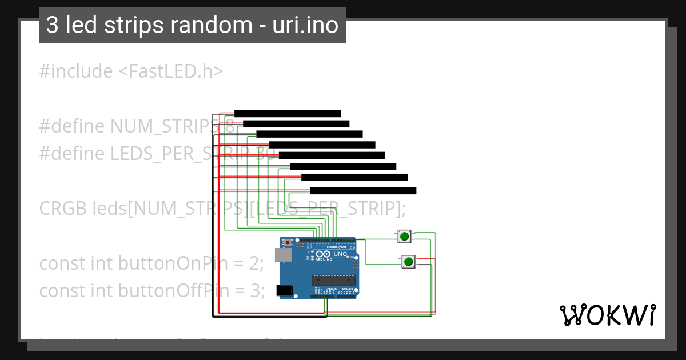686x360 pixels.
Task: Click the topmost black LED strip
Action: [x=288, y=114]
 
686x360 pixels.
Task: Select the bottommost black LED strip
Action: [x=363, y=191]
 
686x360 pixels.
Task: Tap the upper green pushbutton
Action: [x=405, y=236]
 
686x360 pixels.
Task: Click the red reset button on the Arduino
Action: [x=288, y=242]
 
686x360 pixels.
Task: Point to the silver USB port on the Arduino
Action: [x=281, y=255]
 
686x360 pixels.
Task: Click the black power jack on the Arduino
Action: [x=284, y=290]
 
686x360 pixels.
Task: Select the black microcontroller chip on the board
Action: [x=333, y=279]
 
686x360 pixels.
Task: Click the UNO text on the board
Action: [x=341, y=254]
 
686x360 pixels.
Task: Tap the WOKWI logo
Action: [x=607, y=315]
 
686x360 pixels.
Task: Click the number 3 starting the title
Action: [x=51, y=26]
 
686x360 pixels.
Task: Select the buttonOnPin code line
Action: [x=151, y=263]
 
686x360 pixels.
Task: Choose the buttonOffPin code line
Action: [x=151, y=291]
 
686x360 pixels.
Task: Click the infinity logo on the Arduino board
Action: [x=322, y=254]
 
